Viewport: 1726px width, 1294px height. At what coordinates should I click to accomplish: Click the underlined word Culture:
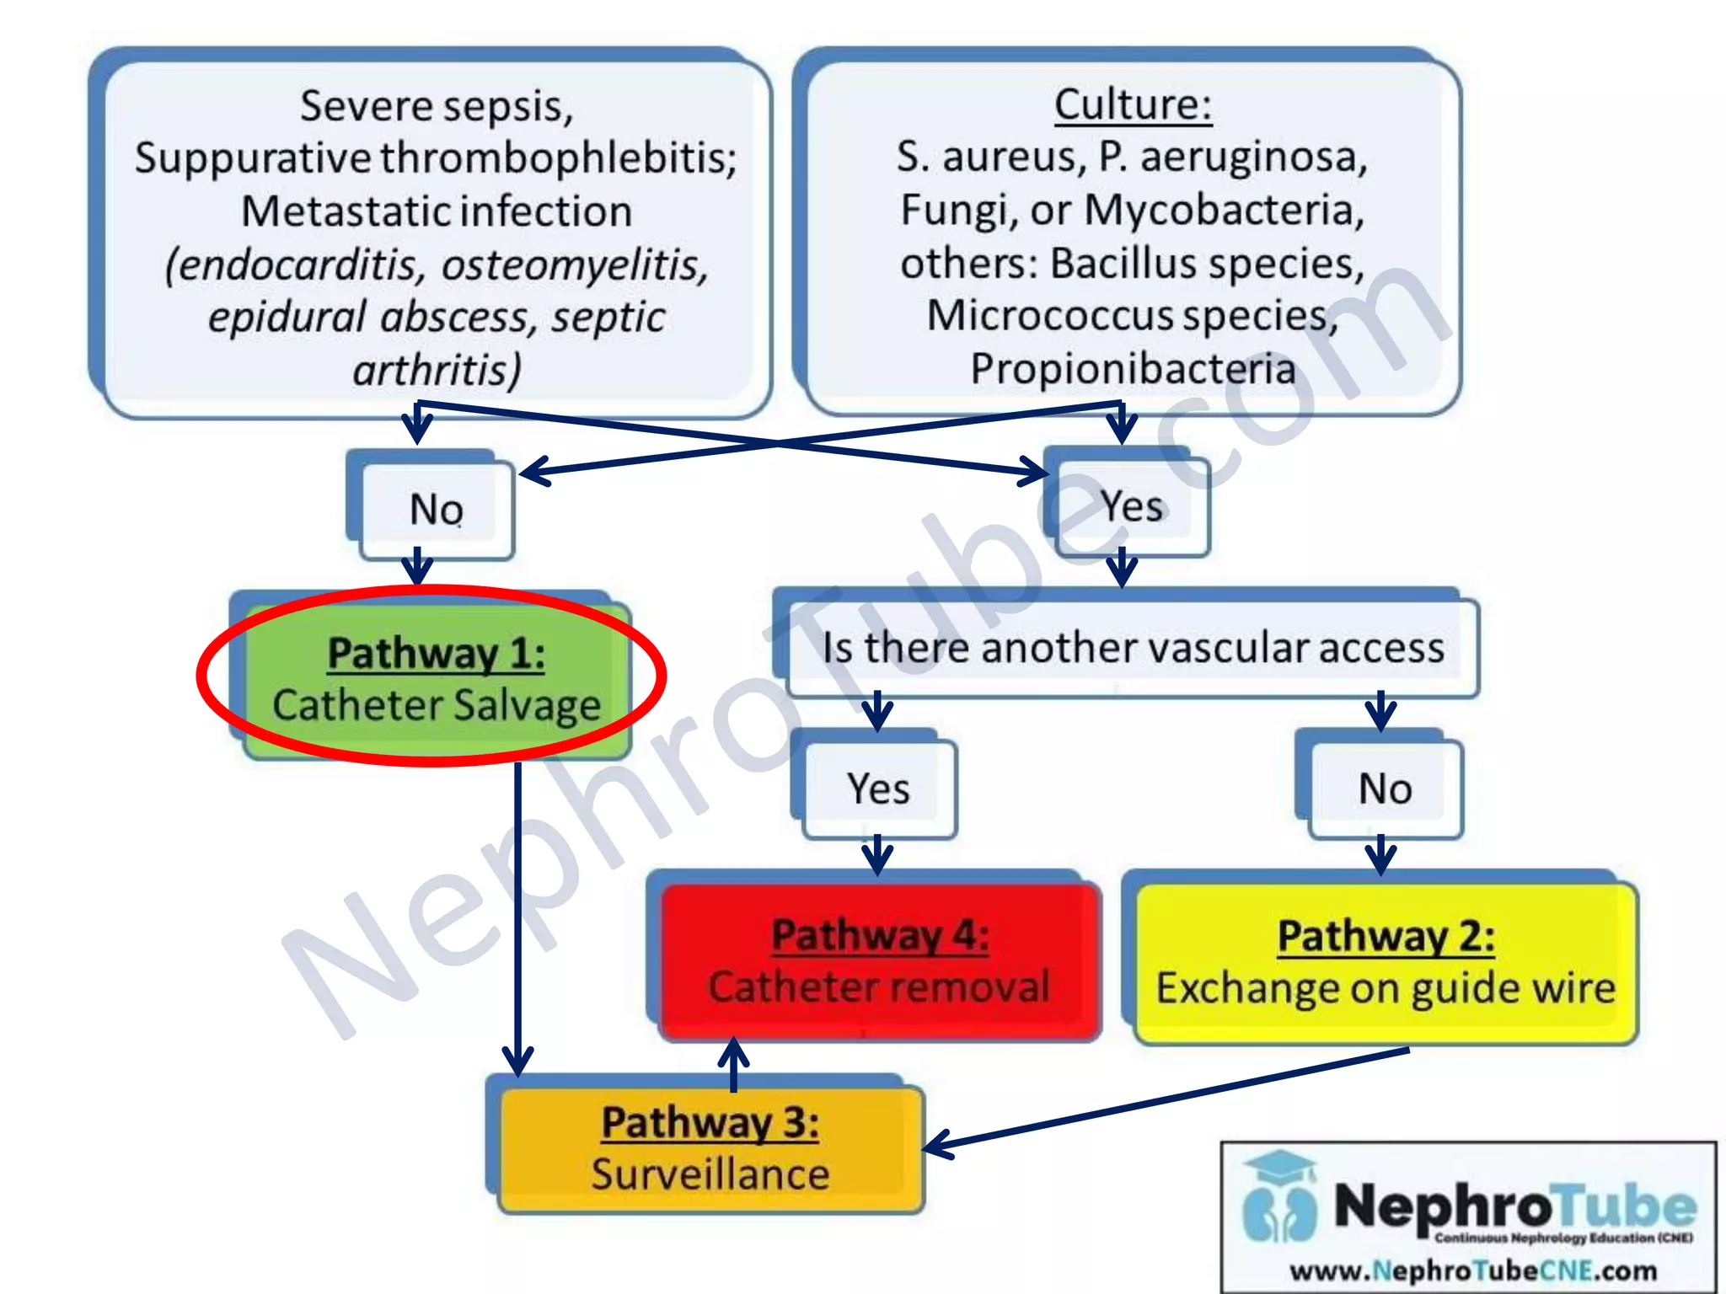coord(1133,105)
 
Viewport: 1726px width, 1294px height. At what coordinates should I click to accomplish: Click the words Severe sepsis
coord(436,106)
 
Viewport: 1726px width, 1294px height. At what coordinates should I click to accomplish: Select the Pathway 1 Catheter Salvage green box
coord(436,679)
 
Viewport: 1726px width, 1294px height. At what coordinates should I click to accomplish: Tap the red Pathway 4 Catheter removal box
coord(879,961)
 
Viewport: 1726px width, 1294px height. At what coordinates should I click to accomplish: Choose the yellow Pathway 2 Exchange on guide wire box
coord(1385,962)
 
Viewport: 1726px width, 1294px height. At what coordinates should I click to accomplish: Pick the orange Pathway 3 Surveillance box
coord(710,1148)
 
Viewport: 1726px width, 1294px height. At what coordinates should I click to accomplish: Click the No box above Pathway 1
coord(436,510)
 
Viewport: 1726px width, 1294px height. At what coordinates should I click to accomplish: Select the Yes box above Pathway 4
coord(878,789)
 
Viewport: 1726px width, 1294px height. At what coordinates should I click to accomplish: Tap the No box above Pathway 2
coord(1384,789)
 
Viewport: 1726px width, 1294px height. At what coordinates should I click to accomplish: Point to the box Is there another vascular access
coord(1132,648)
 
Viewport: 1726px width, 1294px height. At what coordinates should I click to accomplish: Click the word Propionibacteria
coord(1133,369)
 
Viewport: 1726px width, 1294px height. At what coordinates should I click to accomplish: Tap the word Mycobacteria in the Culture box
coord(1224,210)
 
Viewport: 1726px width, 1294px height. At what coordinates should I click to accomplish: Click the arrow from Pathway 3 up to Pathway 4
coord(733,1063)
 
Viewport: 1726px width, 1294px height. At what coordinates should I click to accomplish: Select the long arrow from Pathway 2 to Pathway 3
coord(1171,1099)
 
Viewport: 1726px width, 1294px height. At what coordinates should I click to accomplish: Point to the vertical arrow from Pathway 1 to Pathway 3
coord(517,918)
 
